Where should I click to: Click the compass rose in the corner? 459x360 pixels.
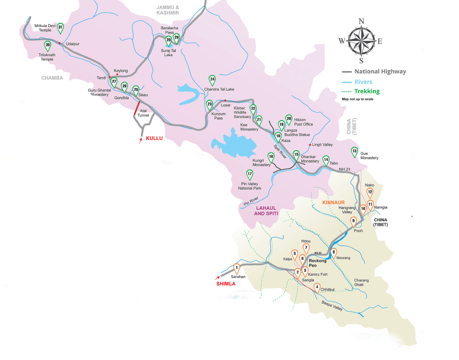361,41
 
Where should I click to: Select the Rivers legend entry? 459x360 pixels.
363,82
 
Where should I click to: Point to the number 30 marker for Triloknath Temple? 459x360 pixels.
48,45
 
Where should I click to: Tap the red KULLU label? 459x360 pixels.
154,139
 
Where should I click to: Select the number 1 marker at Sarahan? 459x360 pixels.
236,268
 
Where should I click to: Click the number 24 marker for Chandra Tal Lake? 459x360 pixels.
212,80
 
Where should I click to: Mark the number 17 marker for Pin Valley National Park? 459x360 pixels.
250,174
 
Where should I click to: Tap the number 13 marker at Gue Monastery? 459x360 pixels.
355,152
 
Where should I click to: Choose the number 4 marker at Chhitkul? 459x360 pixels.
317,288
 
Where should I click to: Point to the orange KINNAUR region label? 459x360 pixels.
333,203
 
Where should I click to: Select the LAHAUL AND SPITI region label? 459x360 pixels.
266,211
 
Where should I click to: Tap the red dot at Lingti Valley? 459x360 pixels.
310,145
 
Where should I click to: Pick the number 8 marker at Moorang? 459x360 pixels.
333,253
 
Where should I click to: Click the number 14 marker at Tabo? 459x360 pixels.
326,160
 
